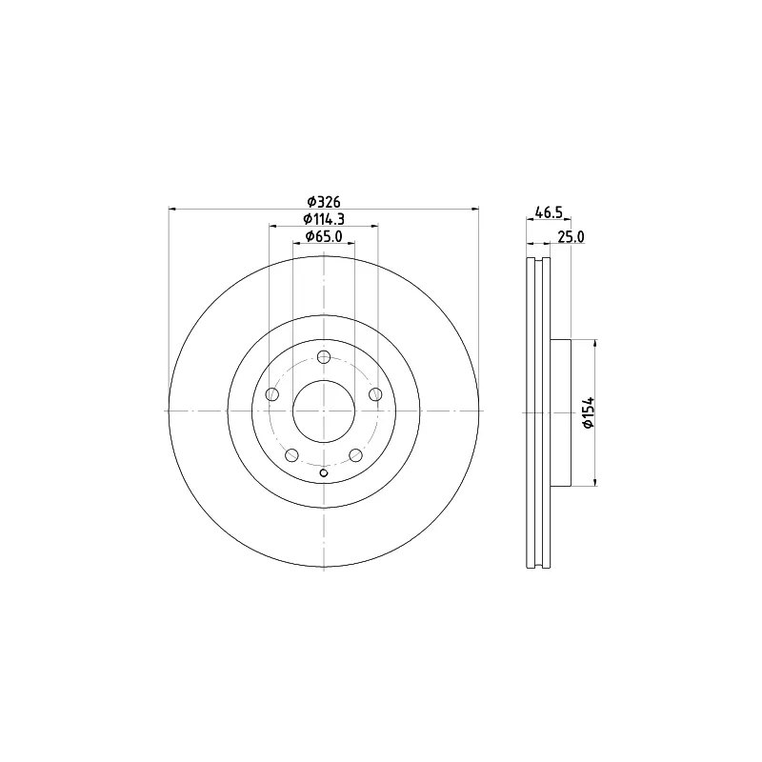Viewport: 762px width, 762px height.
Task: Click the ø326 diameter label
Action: pyautogui.click(x=324, y=201)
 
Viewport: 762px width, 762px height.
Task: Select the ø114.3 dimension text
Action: pyautogui.click(x=324, y=219)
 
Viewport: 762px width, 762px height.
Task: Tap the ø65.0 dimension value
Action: pyautogui.click(x=324, y=236)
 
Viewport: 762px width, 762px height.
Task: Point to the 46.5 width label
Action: pyautogui.click(x=549, y=212)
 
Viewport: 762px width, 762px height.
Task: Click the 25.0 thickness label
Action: pyautogui.click(x=571, y=236)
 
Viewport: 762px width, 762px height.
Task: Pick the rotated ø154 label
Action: pyautogui.click(x=589, y=412)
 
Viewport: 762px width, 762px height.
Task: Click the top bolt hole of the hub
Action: pyautogui.click(x=324, y=357)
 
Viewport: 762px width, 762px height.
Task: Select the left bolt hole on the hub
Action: pyautogui.click(x=272, y=394)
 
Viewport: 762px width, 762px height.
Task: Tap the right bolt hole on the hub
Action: pyautogui.click(x=375, y=394)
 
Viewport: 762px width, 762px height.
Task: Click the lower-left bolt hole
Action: pyautogui.click(x=291, y=455)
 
